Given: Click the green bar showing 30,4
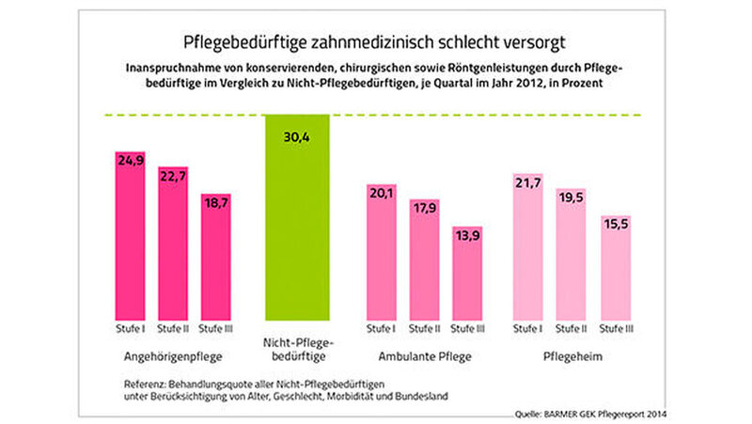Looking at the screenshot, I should tap(299, 216).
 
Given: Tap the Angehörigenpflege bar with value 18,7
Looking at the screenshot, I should tap(218, 259).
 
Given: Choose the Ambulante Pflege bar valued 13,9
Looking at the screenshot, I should tap(467, 273).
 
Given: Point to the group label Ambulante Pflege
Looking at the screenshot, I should tap(424, 357).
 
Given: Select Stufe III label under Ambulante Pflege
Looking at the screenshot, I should tap(467, 328).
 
